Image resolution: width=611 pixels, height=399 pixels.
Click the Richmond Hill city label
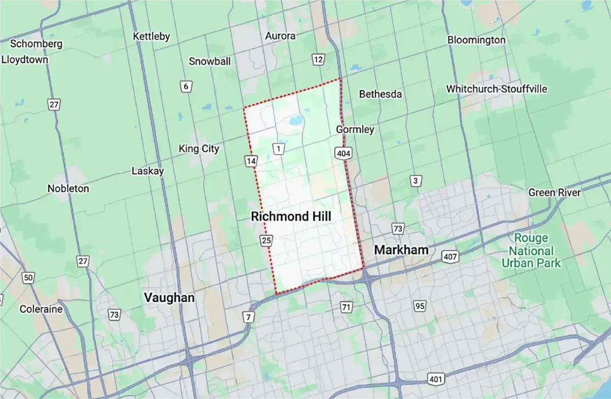(291, 217)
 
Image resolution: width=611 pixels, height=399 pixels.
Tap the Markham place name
(401, 250)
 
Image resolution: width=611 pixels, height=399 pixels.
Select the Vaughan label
(169, 298)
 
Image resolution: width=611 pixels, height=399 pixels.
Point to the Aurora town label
(280, 36)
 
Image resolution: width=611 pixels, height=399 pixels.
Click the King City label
(199, 149)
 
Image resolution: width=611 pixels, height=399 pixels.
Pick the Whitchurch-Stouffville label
(496, 89)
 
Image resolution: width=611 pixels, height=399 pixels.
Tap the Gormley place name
(355, 130)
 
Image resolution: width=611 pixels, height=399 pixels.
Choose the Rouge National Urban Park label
(531, 250)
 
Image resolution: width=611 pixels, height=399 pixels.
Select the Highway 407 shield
(450, 256)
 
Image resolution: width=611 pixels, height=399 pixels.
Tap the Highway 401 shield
(436, 379)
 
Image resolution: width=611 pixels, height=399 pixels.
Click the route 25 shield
(266, 240)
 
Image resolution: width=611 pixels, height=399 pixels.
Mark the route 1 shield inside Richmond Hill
(279, 149)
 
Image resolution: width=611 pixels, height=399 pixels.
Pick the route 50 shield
(29, 278)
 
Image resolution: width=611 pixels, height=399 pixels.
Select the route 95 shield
(420, 306)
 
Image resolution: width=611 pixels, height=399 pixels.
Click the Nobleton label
(68, 188)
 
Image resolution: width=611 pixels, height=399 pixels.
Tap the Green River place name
(554, 192)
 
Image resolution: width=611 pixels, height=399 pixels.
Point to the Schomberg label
(36, 44)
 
